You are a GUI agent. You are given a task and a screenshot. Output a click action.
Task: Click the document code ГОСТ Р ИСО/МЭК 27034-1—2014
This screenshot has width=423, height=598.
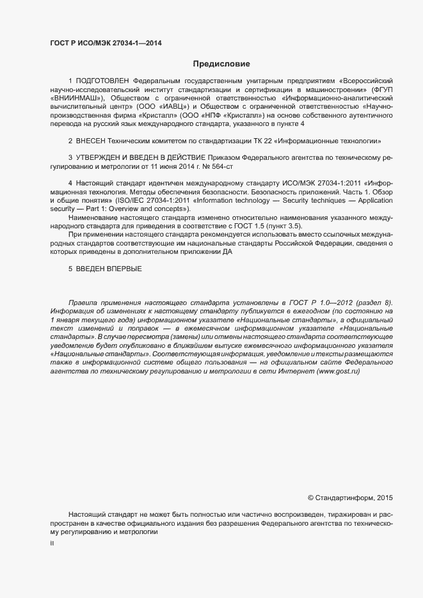pos(106,43)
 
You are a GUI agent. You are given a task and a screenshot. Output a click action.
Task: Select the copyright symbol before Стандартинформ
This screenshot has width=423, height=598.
pos(310,497)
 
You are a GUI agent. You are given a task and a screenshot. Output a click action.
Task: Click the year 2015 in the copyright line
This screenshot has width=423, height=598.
pos(385,497)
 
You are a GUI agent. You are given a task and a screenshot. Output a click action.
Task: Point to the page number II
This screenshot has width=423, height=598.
pos(52,543)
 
